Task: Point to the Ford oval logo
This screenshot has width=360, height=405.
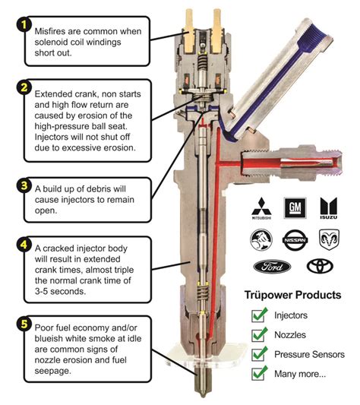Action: point(270,267)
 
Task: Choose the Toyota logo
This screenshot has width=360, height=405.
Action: point(319,267)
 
